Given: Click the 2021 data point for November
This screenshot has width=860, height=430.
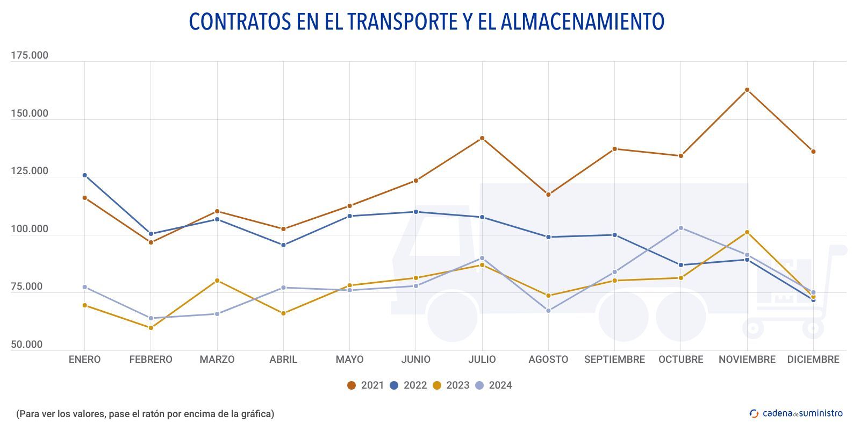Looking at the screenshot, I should [x=747, y=90].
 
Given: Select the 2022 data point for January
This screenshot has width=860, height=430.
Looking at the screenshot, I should [x=84, y=175].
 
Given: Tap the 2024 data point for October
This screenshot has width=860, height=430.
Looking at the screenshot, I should [x=681, y=228].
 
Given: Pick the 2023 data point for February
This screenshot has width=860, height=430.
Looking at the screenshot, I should [x=151, y=328].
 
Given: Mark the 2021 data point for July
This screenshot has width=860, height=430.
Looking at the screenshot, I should [x=482, y=138].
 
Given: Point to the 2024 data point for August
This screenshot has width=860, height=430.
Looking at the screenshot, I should [x=548, y=311].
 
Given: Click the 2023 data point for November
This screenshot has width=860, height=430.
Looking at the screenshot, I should [x=747, y=232].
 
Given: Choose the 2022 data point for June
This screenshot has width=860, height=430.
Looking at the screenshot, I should [x=416, y=212].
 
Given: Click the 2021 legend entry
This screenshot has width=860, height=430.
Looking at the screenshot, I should [x=365, y=385].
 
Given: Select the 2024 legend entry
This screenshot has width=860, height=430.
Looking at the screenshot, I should [x=493, y=385].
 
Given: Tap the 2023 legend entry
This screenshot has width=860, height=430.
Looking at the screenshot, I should [x=451, y=385].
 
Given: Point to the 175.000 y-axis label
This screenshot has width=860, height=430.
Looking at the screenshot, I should [x=30, y=55].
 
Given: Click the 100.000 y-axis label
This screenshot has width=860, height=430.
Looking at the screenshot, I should [x=30, y=229].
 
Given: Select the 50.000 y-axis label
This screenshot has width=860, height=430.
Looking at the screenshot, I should [x=27, y=345].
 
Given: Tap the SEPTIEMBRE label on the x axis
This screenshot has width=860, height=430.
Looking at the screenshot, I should [x=614, y=360].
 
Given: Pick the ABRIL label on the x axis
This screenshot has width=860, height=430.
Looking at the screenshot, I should [x=283, y=360].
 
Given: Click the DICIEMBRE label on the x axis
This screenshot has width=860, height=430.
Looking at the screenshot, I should [x=813, y=360].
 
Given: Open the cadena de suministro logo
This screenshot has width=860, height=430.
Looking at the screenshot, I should [x=796, y=413].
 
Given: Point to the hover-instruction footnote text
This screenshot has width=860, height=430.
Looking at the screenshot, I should [x=145, y=414].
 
